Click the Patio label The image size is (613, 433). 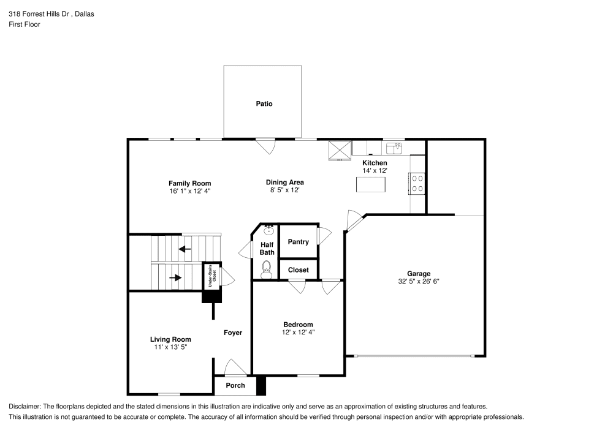point(264,104)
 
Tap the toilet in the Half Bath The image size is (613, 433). point(266,269)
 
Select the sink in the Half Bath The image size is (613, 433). point(268,230)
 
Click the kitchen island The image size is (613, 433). point(371,184)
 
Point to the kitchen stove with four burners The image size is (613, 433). point(417,183)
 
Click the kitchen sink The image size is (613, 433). point(394,148)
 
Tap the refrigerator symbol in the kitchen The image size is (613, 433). point(340,149)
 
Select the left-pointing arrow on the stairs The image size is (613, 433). point(185,249)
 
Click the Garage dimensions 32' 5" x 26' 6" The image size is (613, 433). point(419,282)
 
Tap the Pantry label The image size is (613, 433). point(299,242)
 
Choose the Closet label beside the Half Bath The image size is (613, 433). point(299,269)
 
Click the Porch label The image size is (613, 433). point(235,385)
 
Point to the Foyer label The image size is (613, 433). point(233,333)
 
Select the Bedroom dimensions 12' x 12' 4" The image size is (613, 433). point(298,332)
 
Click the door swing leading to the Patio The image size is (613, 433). point(266,146)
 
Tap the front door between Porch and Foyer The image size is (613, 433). point(234,368)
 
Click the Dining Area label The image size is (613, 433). point(284,182)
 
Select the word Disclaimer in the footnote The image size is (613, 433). point(25,406)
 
